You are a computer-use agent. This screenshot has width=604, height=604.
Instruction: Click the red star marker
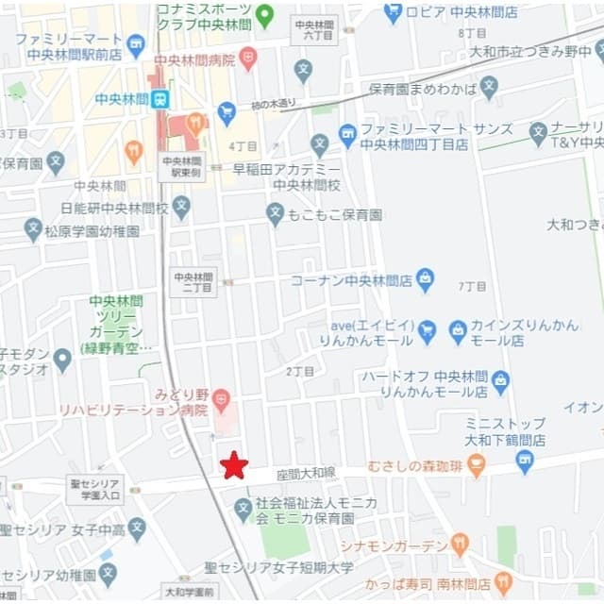pos(234,464)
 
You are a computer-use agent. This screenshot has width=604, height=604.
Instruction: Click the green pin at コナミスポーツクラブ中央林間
pos(265,15)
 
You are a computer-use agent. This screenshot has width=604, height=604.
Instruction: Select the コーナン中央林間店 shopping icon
pos(426,279)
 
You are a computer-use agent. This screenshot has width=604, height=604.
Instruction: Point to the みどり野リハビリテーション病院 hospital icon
pos(221,399)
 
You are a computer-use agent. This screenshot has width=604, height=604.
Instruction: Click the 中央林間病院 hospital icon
pos(247,59)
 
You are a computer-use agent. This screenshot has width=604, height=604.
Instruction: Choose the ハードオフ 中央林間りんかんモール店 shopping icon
pos(500,382)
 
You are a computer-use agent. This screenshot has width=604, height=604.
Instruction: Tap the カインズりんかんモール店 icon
pos(458,331)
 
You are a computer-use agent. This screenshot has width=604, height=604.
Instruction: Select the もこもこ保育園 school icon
pos(275,214)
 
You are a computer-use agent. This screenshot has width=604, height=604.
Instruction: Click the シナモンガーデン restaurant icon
pos(460,545)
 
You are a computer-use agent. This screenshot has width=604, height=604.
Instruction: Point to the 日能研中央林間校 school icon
pos(181,208)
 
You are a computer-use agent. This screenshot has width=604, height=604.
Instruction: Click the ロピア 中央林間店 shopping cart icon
pos(394,13)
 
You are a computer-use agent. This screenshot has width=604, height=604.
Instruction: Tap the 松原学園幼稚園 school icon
pos(34,230)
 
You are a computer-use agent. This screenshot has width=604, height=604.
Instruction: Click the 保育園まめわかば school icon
pos(488,89)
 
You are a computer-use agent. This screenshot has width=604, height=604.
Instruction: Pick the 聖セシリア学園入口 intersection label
pos(94,488)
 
